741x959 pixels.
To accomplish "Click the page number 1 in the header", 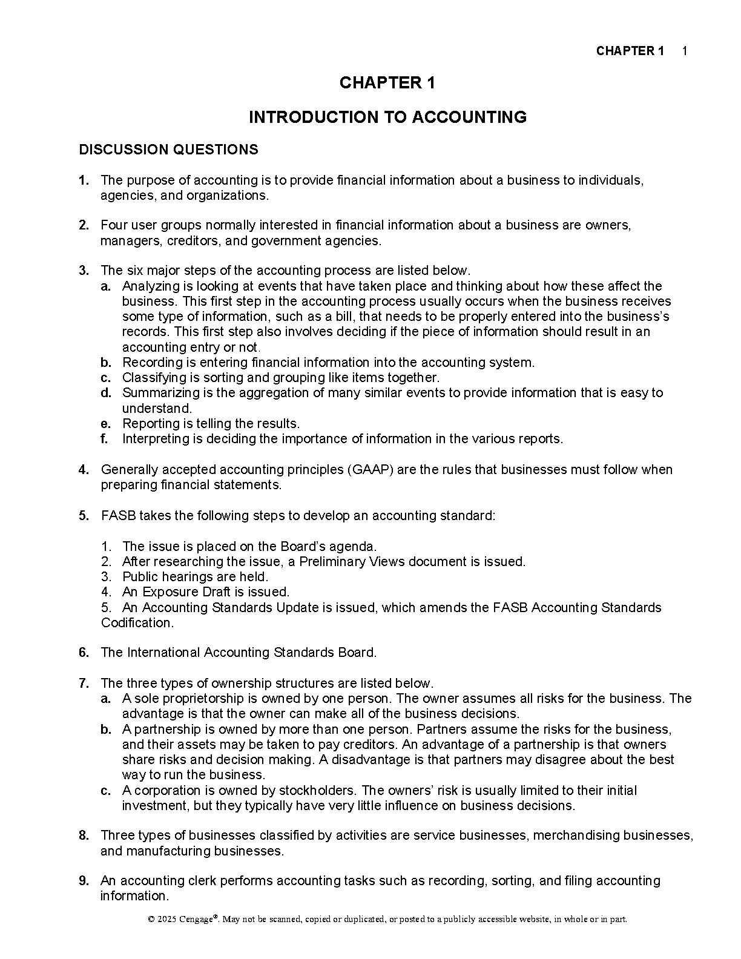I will click(x=684, y=51).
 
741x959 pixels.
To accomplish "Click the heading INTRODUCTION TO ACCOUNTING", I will click(x=387, y=117).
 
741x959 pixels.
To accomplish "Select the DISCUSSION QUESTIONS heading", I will click(x=168, y=150).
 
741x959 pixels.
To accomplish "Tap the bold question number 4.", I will click(x=84, y=470).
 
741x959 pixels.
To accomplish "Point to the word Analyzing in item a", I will click(x=150, y=286).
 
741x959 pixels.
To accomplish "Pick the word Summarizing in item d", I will click(x=159, y=393).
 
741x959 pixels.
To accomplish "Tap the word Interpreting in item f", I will click(x=154, y=439).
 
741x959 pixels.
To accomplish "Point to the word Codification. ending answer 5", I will click(x=137, y=623).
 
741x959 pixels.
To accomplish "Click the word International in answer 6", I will click(x=163, y=653).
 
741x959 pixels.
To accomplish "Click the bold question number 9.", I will click(x=84, y=881).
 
